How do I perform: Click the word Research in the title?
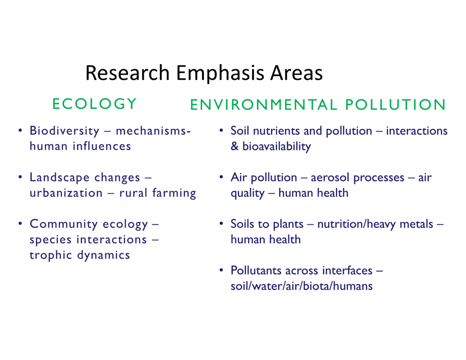tap(127, 73)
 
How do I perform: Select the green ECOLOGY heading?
tap(94, 104)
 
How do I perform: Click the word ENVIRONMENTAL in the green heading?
tap(264, 105)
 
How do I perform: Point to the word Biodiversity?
tap(65, 131)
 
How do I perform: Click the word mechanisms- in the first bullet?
tap(153, 131)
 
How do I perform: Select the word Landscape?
tap(60, 178)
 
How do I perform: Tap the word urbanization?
tap(66, 193)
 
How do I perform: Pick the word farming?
tap(174, 193)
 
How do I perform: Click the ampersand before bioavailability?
tap(234, 147)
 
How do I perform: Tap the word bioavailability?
tap(277, 147)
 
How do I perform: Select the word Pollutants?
tap(256, 270)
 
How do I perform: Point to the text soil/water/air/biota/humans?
tap(302, 286)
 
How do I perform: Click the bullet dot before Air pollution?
tap(221, 177)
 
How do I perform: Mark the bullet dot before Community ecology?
tap(20, 223)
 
